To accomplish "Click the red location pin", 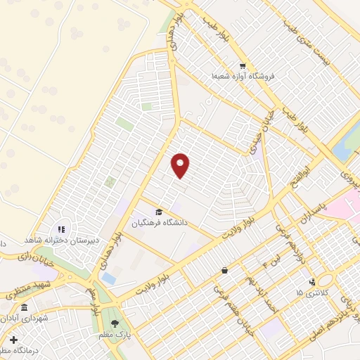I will tap(181, 166).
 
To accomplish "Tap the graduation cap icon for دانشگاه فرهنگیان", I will tap(160, 212).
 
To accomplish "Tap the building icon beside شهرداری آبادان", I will tap(25, 308).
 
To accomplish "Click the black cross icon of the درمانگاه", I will tap(14, 340).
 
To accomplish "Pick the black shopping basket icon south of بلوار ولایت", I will tap(224, 270).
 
